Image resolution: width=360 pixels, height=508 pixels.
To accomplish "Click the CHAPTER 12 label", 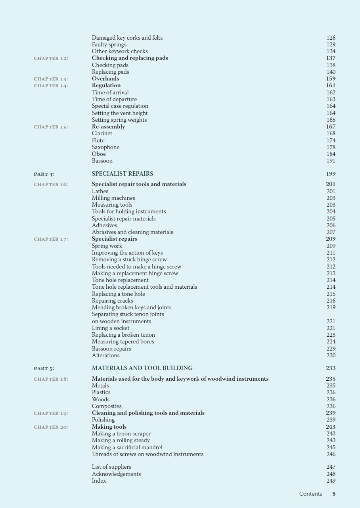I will [51, 58].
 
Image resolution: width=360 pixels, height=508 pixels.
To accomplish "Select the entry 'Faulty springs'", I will [109, 44].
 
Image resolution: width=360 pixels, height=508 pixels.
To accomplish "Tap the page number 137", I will [331, 58].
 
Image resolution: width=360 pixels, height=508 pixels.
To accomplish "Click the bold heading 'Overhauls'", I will [105, 79].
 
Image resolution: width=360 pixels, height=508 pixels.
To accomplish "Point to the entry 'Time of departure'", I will [114, 99].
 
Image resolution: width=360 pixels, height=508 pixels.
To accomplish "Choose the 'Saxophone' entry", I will [105, 147].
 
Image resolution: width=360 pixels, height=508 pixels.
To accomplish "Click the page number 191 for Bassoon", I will [331, 161].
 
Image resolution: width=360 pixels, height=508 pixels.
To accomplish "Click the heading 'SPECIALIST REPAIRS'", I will [122, 174].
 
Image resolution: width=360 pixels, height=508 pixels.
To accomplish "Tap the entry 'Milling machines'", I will [113, 198].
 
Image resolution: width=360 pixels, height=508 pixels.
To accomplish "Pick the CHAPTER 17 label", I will [51, 239].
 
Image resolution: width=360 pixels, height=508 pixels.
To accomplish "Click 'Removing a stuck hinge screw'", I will [129, 259].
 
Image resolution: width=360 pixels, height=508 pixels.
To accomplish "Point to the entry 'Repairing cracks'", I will [112, 301].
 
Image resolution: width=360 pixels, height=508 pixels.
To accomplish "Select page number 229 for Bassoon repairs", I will [331, 349].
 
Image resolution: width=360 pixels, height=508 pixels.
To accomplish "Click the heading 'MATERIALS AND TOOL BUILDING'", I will [142, 368].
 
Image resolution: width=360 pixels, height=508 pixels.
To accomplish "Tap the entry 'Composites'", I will [107, 406].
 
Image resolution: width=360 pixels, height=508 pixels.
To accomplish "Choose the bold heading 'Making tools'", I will [109, 427].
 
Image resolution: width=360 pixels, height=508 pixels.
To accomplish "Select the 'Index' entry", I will [99, 481].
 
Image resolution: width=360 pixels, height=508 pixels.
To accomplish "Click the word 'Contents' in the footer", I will [310, 494].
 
